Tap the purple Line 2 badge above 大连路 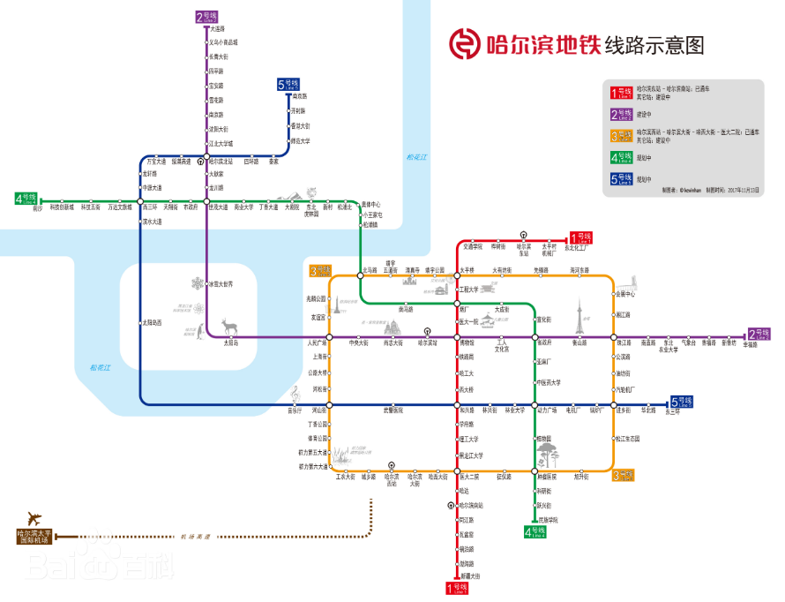point(206,17)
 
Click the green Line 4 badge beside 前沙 point(26,198)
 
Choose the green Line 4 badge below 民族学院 point(535,531)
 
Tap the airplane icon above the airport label point(35,517)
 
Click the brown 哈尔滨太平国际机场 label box point(34,536)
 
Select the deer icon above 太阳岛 point(228,325)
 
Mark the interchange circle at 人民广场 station point(329,338)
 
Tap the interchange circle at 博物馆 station point(457,338)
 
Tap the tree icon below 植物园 point(548,456)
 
